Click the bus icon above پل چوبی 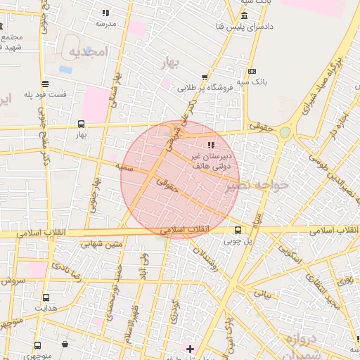point(238,230)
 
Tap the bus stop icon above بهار point(81,124)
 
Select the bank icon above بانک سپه point(252,71)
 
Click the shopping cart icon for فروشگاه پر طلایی point(205,77)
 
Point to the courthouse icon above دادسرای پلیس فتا point(244,15)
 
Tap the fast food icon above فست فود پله point(46,83)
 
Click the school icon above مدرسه point(105,13)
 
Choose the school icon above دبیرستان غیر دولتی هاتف point(211,144)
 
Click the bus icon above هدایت point(46,297)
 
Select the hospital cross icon point(189,348)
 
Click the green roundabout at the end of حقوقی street point(285,132)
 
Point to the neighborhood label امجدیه point(86,52)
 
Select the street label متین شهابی point(101,245)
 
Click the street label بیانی point(262,292)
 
